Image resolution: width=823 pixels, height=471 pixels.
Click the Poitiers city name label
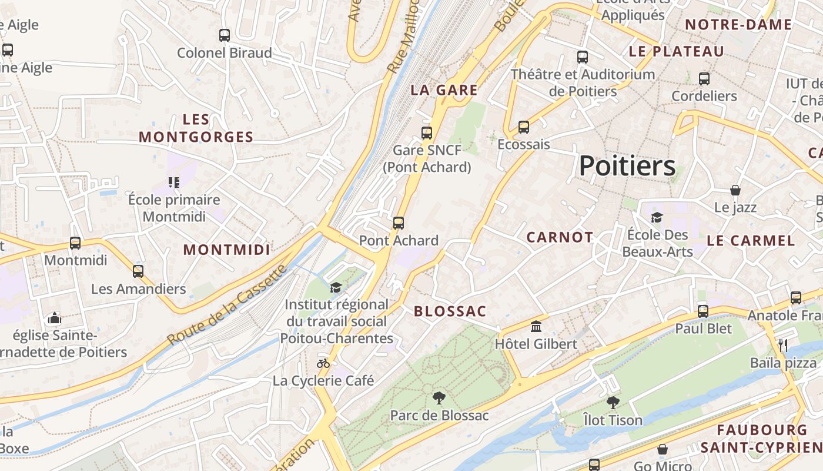(627, 166)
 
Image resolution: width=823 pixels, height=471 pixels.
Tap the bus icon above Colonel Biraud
(224, 35)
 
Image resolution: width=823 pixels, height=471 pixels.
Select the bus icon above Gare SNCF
(427, 133)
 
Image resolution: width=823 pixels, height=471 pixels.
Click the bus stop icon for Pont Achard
(399, 223)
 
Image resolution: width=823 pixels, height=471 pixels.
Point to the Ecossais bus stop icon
(523, 127)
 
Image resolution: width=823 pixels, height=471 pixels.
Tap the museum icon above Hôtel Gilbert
(536, 326)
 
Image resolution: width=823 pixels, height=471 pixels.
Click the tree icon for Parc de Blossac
(439, 398)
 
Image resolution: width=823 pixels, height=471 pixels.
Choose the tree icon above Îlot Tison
(613, 403)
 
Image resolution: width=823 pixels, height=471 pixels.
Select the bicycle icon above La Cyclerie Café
(323, 363)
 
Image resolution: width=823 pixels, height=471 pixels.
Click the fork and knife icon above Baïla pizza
(782, 346)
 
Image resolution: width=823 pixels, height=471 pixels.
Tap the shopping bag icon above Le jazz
(735, 190)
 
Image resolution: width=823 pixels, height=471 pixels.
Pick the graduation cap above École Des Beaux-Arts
(657, 217)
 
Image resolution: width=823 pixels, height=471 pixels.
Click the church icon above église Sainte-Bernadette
(55, 319)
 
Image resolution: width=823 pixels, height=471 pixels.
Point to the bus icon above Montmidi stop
(75, 243)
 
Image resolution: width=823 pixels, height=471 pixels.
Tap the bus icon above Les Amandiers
(138, 271)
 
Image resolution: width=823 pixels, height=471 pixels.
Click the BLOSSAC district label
(450, 311)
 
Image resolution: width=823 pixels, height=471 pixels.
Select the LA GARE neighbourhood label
(444, 90)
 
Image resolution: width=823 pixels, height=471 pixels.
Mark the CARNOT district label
(560, 237)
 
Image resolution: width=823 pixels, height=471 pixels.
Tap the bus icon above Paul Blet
(703, 311)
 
